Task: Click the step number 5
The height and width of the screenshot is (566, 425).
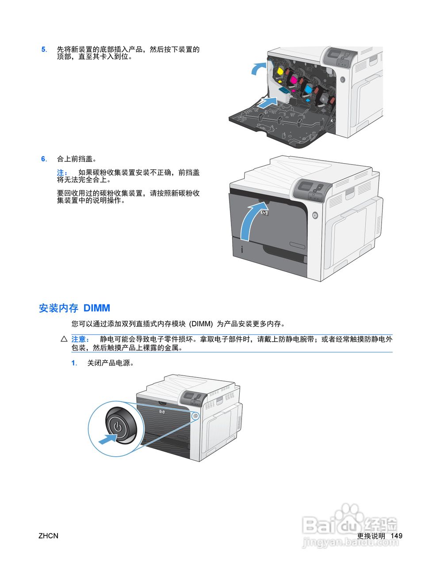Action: tap(43, 50)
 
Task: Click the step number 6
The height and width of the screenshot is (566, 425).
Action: tap(43, 159)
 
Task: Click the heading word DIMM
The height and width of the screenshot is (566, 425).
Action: tap(96, 308)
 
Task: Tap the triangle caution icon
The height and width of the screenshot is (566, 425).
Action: tap(64, 339)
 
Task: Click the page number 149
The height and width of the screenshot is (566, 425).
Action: tap(397, 535)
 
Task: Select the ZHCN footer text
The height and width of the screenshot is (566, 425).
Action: tap(48, 535)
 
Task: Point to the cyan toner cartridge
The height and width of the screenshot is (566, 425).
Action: tap(308, 88)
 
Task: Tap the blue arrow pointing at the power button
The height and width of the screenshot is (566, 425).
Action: tap(107, 440)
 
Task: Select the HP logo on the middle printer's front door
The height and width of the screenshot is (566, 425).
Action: tap(264, 213)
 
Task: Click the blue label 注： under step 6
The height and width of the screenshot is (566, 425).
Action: tap(62, 172)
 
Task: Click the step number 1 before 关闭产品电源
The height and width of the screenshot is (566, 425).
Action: tap(74, 363)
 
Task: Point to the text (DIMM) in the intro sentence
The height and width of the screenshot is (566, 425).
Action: tap(201, 324)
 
